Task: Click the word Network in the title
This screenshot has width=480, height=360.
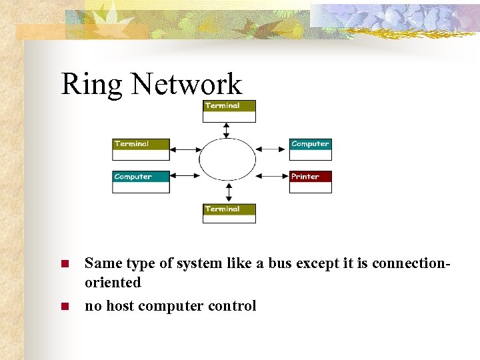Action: point(186,84)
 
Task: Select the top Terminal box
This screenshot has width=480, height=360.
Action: point(229,111)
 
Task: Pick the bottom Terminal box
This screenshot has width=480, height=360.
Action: point(229,213)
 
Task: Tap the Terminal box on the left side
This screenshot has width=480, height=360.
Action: point(141,149)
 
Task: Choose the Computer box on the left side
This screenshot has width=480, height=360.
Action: point(141,182)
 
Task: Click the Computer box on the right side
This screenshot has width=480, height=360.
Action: point(310,149)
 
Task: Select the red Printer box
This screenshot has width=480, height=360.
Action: point(310,182)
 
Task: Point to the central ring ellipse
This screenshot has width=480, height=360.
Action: point(227,159)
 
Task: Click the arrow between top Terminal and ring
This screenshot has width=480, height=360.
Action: point(227,130)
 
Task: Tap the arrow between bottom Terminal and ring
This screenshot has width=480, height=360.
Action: point(229,193)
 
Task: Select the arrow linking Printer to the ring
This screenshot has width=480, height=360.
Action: point(272,177)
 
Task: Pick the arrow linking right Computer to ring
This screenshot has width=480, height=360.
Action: point(272,149)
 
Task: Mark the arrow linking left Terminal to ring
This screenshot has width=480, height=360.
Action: point(185,149)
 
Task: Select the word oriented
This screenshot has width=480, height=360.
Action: point(113,283)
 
